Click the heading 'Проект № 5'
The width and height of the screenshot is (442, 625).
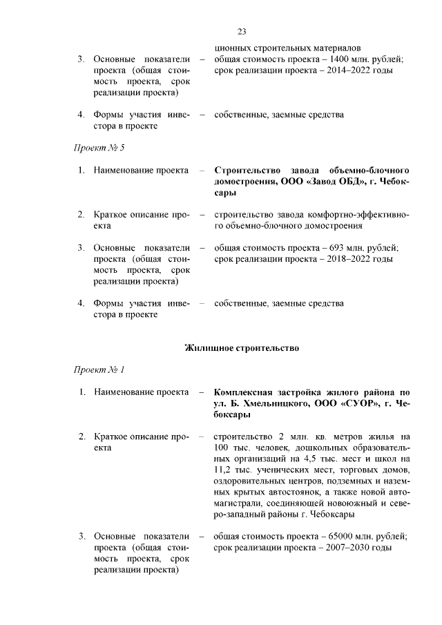pos(99,147)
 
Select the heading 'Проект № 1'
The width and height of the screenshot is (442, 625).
pos(99,369)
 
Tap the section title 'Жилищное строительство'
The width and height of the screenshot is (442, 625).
pos(242,347)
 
